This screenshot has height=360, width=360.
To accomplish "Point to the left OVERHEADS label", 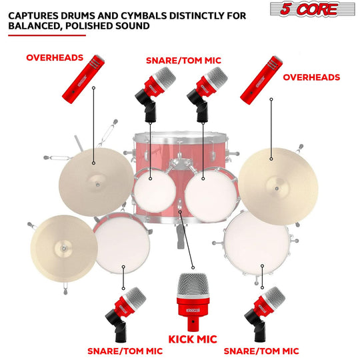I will coord(55,58).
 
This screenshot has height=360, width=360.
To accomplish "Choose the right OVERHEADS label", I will coord(311,77).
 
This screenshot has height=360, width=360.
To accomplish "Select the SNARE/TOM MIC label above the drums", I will coord(183,60).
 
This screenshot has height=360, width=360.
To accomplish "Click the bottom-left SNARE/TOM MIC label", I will coord(125,350).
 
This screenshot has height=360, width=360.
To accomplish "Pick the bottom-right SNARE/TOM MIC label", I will coord(261,350).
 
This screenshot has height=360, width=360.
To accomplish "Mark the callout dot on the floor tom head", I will coord(263,265).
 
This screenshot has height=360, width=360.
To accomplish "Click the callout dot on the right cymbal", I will coord(271,159).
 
